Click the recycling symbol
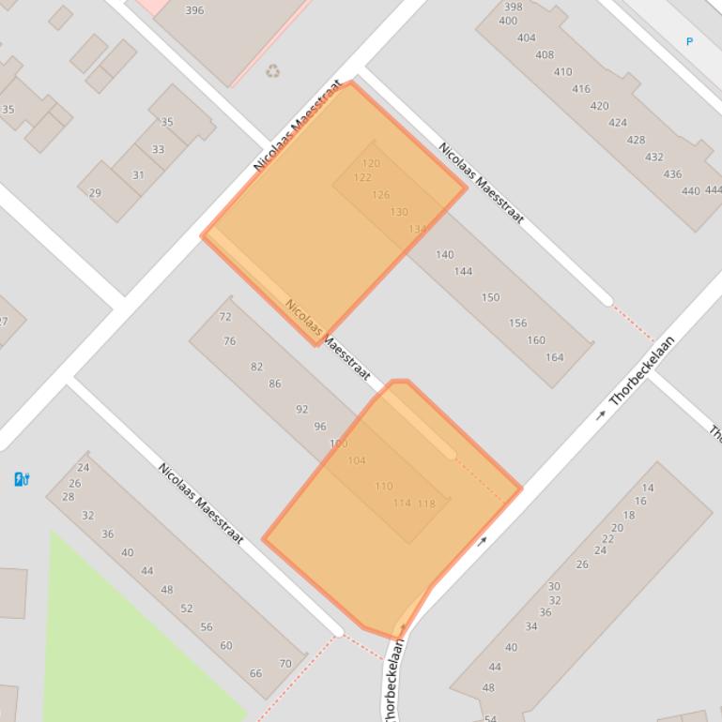[272, 70]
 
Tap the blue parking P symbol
[689, 41]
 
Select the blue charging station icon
[22, 479]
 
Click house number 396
[194, 11]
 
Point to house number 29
[95, 193]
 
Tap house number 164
[554, 357]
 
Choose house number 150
[490, 297]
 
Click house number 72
[225, 317]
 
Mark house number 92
[301, 410]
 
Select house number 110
[384, 487]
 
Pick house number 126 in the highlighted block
[380, 195]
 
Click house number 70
[285, 664]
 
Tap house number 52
[186, 609]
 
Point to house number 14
[648, 488]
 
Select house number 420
[599, 107]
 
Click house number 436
[672, 174]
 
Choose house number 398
[513, 8]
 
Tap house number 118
[426, 504]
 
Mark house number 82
[256, 367]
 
